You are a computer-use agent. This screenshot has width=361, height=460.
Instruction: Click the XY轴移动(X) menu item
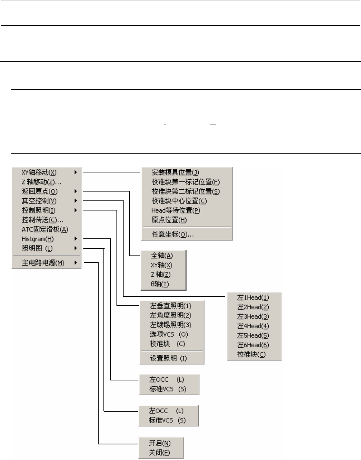39,173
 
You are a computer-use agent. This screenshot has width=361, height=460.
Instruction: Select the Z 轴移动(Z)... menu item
41,182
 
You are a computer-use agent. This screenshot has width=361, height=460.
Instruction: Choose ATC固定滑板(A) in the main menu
45,229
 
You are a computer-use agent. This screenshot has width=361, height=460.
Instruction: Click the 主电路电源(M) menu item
43,263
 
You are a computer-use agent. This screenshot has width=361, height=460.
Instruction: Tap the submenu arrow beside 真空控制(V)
76,201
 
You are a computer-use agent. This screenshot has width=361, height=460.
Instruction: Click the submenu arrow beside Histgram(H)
76,239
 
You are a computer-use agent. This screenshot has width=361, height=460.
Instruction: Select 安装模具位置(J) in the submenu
175,173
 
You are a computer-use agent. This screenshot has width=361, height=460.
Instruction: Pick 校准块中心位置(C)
179,201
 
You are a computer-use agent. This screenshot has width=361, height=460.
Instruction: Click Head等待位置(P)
176,210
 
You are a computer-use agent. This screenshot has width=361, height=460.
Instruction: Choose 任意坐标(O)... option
173,234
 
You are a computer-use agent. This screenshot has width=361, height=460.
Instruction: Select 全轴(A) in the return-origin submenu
162,256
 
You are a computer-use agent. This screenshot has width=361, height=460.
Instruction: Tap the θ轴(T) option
160,284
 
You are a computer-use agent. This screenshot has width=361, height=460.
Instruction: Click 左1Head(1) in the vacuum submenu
253,297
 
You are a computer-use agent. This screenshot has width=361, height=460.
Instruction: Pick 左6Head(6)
253,345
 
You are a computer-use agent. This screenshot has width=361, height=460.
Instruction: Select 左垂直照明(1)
170,306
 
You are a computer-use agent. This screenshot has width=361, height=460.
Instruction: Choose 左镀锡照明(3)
170,325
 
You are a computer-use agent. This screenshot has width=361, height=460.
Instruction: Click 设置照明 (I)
168,358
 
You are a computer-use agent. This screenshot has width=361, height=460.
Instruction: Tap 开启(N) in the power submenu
160,443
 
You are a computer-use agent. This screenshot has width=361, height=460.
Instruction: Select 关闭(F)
160,453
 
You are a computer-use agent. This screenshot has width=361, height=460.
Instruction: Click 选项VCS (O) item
169,334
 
